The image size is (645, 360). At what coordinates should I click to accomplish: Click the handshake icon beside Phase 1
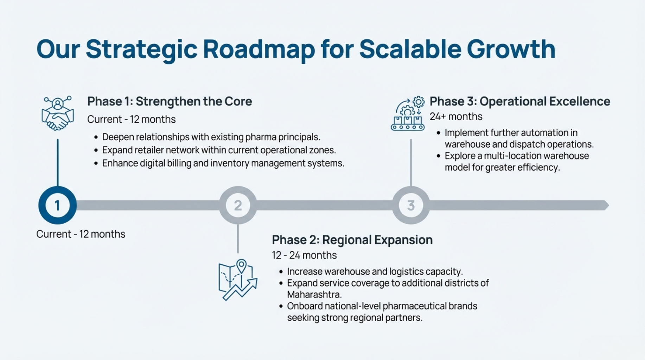coord(58,113)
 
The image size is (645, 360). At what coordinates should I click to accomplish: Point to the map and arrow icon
coord(238,280)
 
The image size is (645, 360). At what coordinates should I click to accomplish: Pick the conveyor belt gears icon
coord(408,114)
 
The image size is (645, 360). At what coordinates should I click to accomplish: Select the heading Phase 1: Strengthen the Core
coord(170,102)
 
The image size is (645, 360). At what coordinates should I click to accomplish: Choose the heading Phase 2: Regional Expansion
coord(352,240)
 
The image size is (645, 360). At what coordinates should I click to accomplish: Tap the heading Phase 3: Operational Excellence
coord(520,102)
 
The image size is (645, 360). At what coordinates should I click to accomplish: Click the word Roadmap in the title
coord(259,49)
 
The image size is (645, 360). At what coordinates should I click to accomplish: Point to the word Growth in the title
coord(511,49)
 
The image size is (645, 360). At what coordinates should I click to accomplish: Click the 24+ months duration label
coord(456,116)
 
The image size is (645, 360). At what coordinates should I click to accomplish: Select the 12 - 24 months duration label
coord(304,255)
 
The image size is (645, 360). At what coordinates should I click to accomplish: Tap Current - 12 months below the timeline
coord(81,234)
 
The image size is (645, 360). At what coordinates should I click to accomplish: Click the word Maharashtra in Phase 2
coord(314,295)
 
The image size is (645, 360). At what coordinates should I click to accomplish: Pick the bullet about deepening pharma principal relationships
coord(207,137)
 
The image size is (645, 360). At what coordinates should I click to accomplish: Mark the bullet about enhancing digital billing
coord(219,163)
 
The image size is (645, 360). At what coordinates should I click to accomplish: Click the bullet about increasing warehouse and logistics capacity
coord(371,272)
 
